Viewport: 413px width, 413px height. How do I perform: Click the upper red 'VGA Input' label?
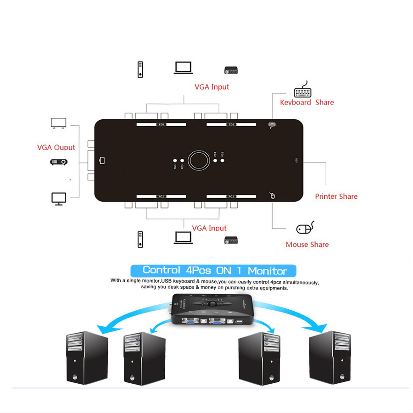(212, 87)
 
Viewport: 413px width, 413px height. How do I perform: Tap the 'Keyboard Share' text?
(307, 102)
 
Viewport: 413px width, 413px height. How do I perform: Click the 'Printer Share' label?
(336, 196)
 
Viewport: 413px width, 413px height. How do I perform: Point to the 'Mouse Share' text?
(307, 245)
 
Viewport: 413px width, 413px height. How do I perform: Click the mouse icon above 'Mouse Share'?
(305, 228)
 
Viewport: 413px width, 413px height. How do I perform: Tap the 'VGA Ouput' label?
(56, 147)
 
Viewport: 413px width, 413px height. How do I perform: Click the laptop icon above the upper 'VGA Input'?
(183, 68)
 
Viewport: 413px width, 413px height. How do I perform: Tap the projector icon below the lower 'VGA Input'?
(231, 240)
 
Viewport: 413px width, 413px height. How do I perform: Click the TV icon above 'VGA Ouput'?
(58, 123)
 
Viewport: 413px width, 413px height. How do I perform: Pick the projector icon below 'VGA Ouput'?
(59, 162)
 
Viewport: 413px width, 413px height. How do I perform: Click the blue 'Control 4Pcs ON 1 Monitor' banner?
(213, 270)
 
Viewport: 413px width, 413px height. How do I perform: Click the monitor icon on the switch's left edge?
(102, 161)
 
